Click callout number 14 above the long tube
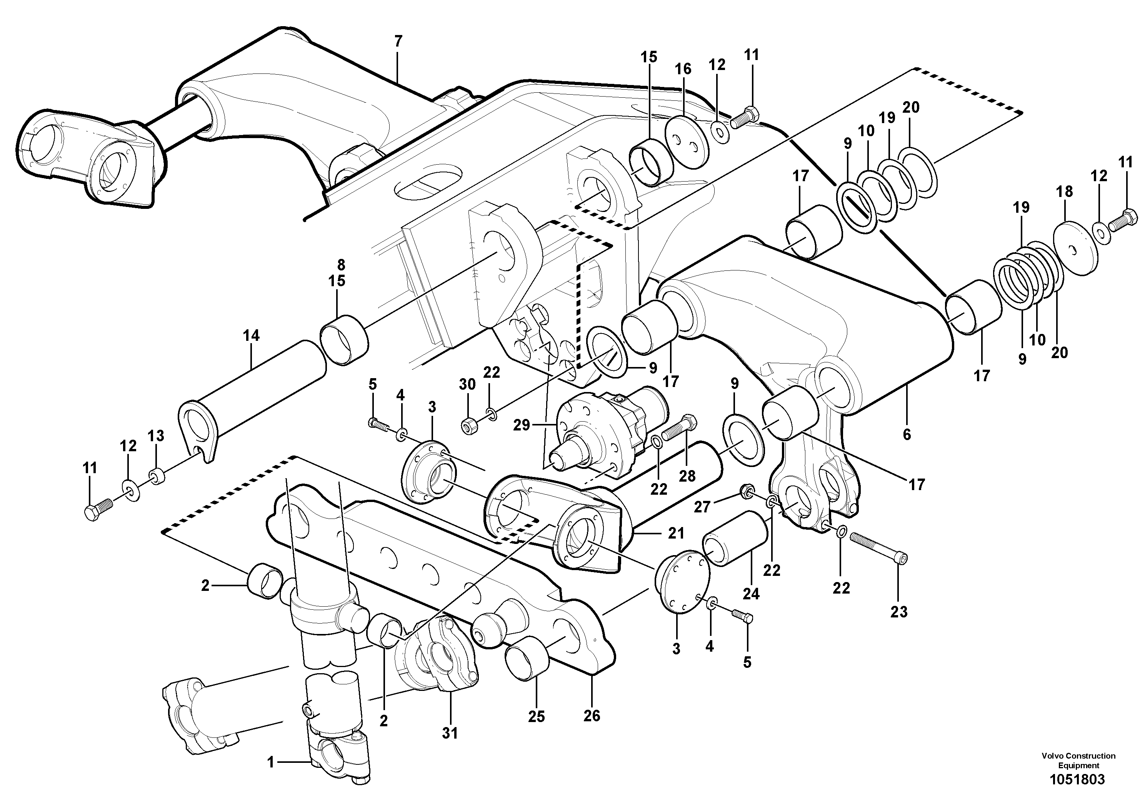click(x=251, y=336)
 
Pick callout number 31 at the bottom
click(x=450, y=733)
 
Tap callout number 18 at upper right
click(x=1064, y=192)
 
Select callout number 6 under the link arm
click(x=907, y=434)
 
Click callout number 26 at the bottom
click(x=592, y=716)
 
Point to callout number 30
click(x=467, y=385)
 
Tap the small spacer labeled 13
click(x=157, y=476)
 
